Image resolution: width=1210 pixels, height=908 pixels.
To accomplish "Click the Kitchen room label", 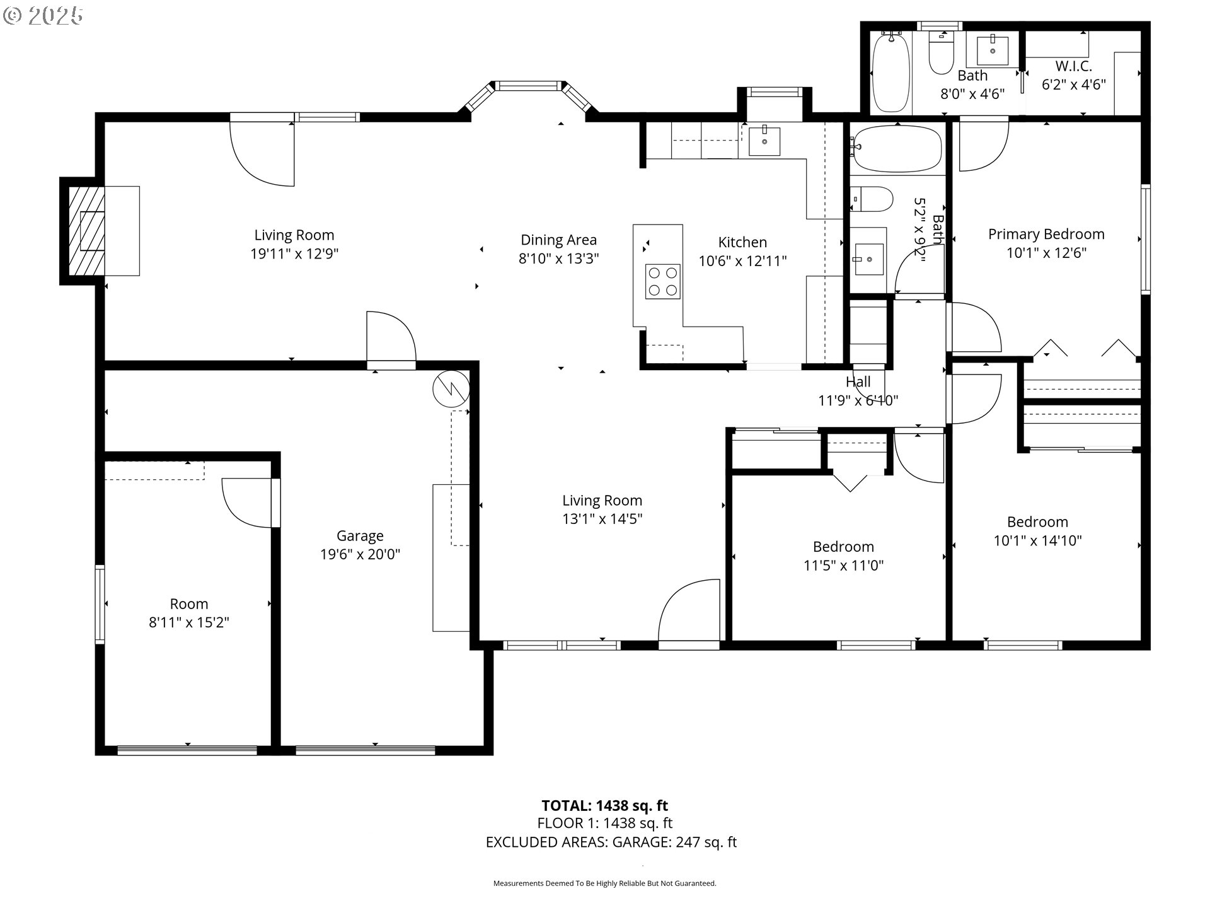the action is (742, 242).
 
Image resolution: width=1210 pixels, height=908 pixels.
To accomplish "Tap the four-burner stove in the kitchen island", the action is (663, 281).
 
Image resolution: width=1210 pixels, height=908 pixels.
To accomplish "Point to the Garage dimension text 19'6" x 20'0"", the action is (360, 554).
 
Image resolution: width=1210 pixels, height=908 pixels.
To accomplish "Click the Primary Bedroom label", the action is (1046, 234).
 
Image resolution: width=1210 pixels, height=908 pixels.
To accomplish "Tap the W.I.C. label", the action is (1073, 66).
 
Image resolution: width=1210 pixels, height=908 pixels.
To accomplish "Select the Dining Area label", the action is (558, 240).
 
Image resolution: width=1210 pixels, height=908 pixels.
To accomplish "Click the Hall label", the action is (858, 381).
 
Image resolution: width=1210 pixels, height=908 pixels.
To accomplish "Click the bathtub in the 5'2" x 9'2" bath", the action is (896, 149).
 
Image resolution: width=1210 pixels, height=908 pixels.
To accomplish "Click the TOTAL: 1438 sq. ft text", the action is (604, 805).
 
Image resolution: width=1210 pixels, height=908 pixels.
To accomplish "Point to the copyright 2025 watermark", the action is (43, 16).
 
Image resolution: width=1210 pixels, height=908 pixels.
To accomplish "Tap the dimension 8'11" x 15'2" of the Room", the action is (188, 622).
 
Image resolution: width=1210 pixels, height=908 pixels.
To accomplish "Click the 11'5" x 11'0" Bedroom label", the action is (843, 547).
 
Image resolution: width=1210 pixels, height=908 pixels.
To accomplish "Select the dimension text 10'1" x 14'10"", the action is (1037, 540).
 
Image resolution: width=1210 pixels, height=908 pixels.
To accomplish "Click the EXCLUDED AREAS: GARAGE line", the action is (611, 842).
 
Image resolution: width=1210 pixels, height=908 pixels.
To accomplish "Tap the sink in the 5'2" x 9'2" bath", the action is (868, 259).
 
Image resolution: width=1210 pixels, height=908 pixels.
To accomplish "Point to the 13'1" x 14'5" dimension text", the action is (602, 519).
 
